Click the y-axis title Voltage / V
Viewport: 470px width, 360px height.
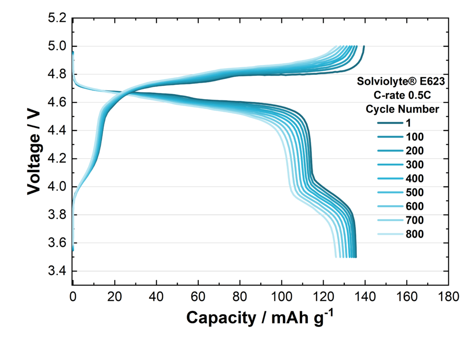click(33, 151)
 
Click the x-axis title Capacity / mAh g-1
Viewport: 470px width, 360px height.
click(257, 317)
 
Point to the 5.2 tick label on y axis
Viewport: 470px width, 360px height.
click(57, 18)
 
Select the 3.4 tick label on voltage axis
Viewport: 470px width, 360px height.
click(57, 271)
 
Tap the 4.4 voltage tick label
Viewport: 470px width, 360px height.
click(57, 131)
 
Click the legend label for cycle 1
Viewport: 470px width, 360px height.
click(408, 123)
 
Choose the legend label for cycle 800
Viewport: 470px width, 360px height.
click(414, 234)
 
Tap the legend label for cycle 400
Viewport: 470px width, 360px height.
click(414, 179)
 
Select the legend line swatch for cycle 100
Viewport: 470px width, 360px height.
click(389, 137)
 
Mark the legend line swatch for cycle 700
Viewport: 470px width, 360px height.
click(389, 220)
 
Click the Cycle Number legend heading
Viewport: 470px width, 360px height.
click(403, 109)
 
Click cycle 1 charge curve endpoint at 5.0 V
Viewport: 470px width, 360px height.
click(364, 46)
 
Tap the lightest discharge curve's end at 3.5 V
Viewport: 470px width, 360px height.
click(336, 257)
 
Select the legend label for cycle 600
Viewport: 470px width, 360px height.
click(414, 206)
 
